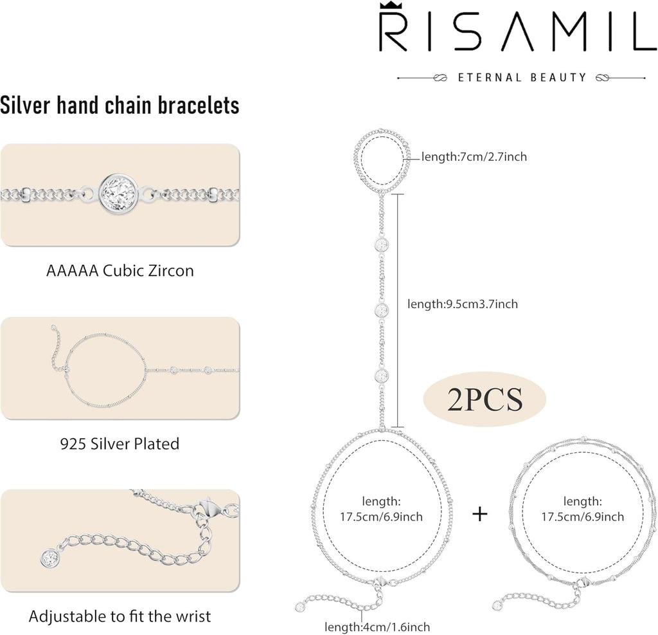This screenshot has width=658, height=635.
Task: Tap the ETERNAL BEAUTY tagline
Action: click(x=522, y=78)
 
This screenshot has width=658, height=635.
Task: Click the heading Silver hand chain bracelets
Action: click(x=120, y=105)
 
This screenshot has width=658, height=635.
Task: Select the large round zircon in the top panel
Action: click(x=119, y=194)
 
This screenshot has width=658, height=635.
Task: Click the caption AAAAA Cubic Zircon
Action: click(x=120, y=271)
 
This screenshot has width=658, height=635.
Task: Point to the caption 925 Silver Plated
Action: click(x=120, y=444)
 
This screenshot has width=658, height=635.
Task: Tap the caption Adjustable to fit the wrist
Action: click(x=120, y=616)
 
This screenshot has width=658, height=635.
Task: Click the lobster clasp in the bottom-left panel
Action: click(x=208, y=509)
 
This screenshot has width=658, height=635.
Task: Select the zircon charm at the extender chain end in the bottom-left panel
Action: click(x=49, y=558)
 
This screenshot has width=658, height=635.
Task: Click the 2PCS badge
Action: click(x=485, y=400)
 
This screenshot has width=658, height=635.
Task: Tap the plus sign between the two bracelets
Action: click(x=480, y=514)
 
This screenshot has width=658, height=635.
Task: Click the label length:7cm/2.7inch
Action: click(x=474, y=157)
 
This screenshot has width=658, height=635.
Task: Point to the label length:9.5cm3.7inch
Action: click(x=463, y=304)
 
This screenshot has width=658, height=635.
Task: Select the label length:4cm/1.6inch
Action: click(x=377, y=627)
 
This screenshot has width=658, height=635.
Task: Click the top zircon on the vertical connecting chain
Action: click(x=382, y=244)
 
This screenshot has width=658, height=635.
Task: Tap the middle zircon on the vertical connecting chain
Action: click(x=382, y=310)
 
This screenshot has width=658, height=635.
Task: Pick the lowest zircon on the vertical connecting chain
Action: click(x=382, y=376)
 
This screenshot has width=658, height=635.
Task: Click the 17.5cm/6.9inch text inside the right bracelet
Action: click(x=582, y=517)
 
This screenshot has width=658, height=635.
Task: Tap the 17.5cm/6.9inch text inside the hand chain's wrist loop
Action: click(x=381, y=517)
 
